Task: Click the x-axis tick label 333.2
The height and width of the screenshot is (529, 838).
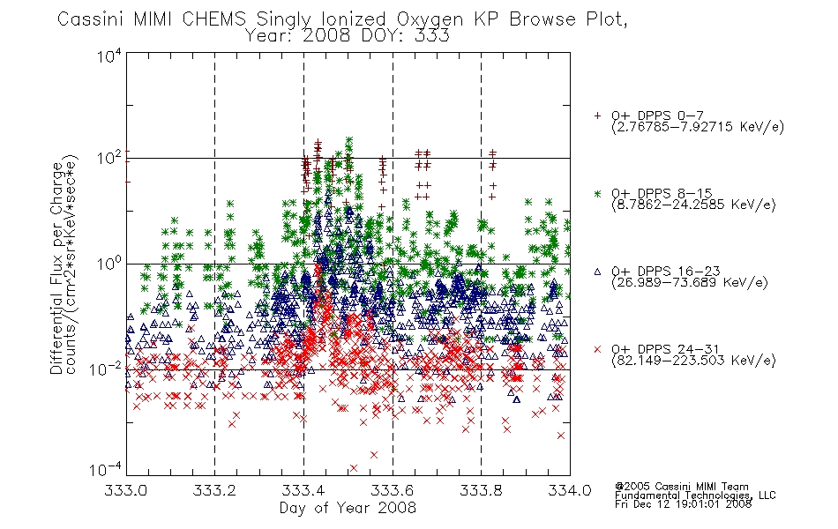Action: pos(214,490)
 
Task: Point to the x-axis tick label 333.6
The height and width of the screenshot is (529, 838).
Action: pos(393,490)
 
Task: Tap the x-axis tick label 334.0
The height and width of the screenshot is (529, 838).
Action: pos(570,490)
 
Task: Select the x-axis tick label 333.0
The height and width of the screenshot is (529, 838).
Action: pos(125,490)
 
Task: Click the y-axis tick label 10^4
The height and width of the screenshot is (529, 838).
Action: pos(109,55)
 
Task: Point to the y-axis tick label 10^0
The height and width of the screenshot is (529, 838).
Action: pos(109,263)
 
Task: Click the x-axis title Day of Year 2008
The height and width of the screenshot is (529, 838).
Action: pos(348,508)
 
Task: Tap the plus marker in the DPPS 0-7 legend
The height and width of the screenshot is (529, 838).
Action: pos(597,115)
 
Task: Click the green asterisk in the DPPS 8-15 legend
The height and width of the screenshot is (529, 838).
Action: pos(597,193)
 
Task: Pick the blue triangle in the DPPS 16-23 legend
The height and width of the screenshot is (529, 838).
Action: pos(597,272)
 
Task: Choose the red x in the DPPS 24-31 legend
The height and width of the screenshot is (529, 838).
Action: pos(597,349)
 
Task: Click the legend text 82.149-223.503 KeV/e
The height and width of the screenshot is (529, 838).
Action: pos(693,361)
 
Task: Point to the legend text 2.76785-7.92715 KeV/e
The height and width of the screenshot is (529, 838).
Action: pos(698,127)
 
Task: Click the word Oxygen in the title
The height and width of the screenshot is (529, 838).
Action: pos(430,19)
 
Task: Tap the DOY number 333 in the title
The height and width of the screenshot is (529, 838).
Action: pos(431,36)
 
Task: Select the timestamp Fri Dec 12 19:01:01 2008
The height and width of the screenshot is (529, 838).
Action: pos(683,504)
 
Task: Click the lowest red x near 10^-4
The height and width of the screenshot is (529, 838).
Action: pos(353,469)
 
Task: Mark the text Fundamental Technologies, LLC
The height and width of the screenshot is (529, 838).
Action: pos(695,495)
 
